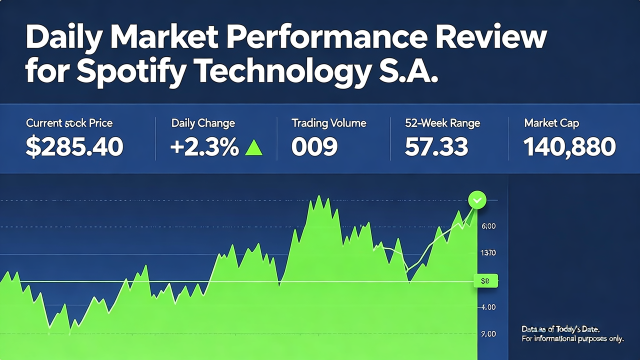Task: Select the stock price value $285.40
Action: (x=74, y=147)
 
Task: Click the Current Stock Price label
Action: (x=69, y=123)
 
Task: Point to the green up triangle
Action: (x=253, y=147)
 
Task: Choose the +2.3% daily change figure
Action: (x=204, y=147)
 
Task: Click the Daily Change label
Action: (x=203, y=123)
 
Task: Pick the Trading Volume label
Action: (x=329, y=123)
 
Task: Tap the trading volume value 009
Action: (x=314, y=147)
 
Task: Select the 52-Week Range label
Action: (x=442, y=123)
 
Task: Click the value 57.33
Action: (x=436, y=147)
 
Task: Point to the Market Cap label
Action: (x=551, y=123)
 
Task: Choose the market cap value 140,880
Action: (x=569, y=147)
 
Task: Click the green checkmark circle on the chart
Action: (x=477, y=200)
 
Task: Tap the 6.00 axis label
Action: (x=488, y=226)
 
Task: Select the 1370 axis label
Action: (x=487, y=253)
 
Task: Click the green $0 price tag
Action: (x=485, y=281)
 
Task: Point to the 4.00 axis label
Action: (x=487, y=307)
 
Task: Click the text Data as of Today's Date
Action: (x=560, y=329)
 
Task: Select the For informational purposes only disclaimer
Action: (x=572, y=339)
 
